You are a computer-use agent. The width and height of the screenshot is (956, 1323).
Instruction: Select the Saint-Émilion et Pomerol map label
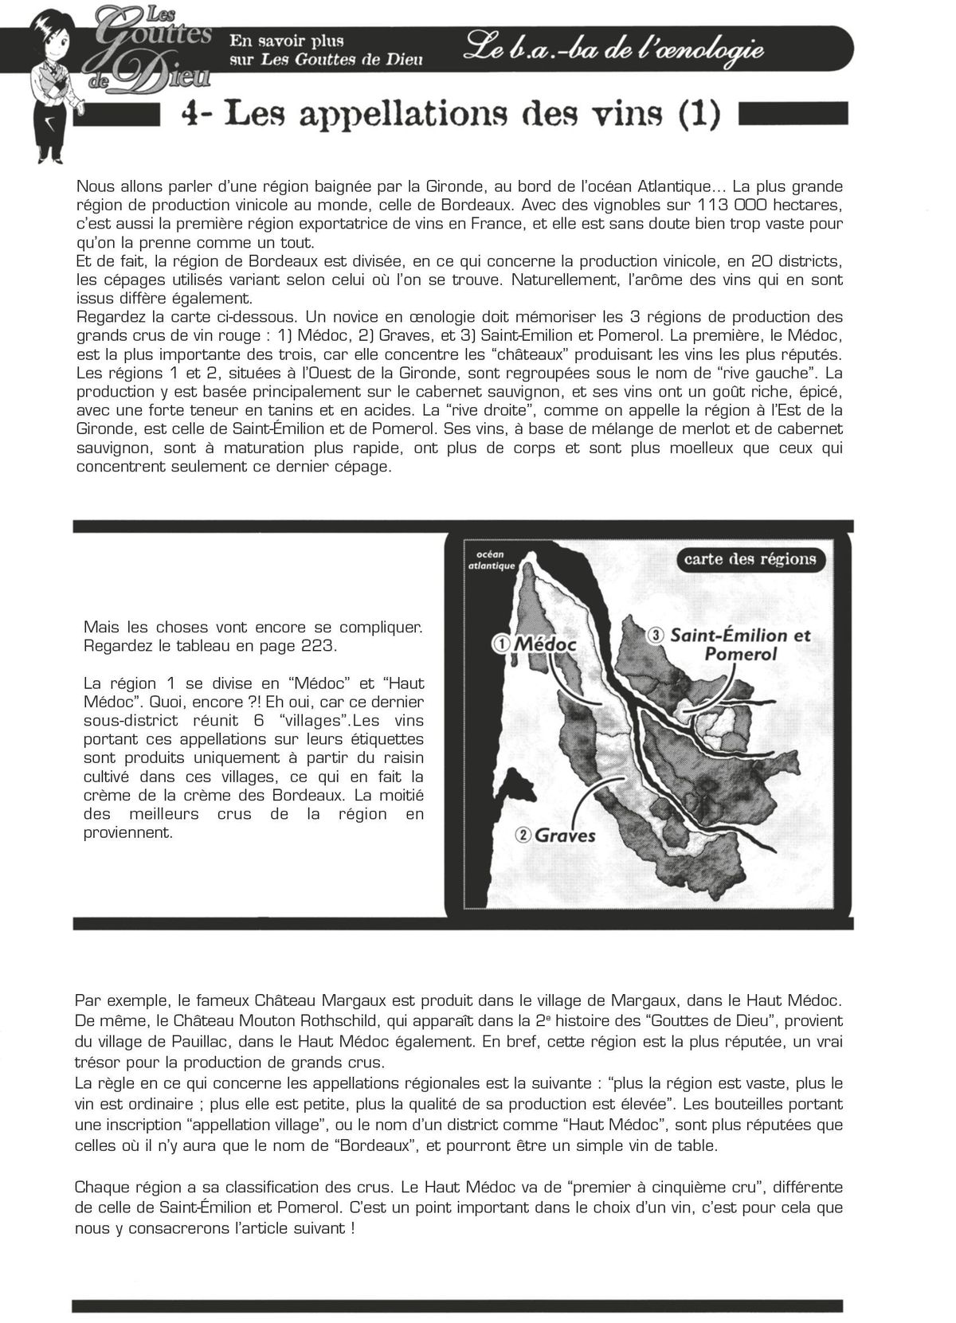[x=740, y=644]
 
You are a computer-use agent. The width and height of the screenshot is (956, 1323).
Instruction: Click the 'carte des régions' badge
[x=750, y=558]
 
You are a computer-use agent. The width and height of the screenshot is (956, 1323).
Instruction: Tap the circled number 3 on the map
[x=656, y=635]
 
